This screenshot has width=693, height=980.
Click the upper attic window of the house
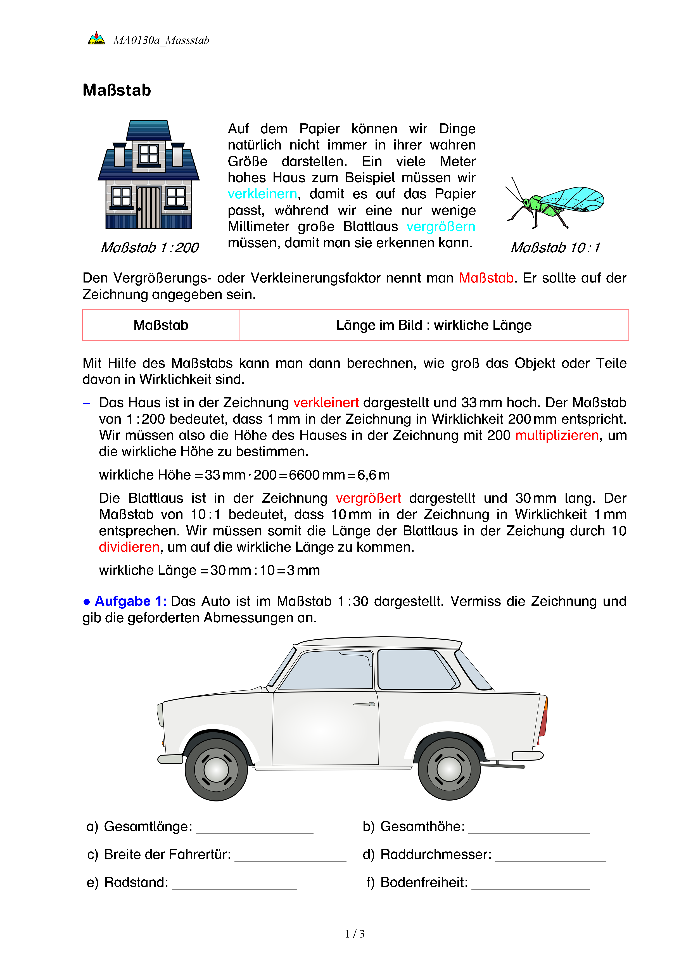tap(148, 154)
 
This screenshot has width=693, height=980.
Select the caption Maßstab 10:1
tap(555, 248)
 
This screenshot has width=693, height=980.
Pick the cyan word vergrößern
tap(440, 227)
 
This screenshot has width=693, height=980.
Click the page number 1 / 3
tap(355, 934)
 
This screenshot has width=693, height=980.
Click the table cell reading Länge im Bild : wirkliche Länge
tap(434, 325)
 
